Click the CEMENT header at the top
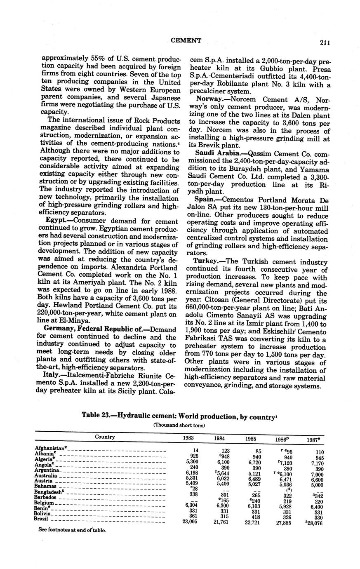tap(186, 40)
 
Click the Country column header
tap(105, 437)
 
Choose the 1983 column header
tap(188, 438)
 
